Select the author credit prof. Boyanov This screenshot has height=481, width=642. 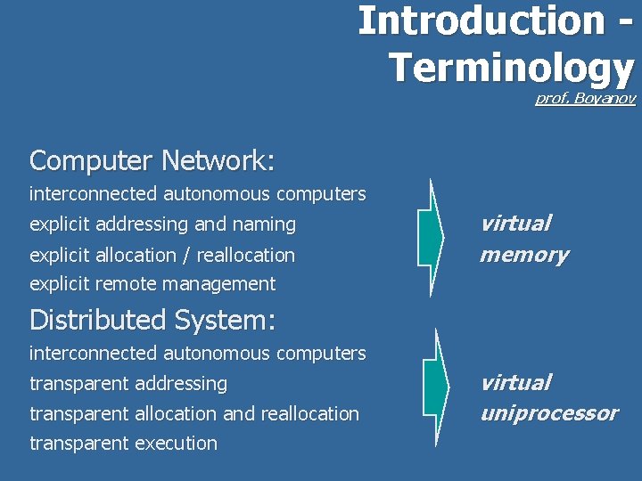click(x=585, y=99)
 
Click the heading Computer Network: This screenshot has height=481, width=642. click(x=152, y=160)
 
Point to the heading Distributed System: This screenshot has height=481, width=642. click(x=152, y=319)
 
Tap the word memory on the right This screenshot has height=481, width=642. click(x=523, y=255)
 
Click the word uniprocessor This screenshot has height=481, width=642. click(x=548, y=413)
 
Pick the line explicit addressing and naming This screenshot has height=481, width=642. click(x=162, y=224)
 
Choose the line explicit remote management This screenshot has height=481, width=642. click(x=152, y=284)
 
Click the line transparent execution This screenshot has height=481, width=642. click(x=123, y=443)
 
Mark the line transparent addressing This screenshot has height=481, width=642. click(x=128, y=383)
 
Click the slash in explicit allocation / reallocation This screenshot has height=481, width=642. click(x=185, y=256)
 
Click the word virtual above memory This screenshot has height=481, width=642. click(x=515, y=223)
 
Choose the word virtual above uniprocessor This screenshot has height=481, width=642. click(x=515, y=382)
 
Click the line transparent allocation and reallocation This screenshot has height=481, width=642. click(x=194, y=413)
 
